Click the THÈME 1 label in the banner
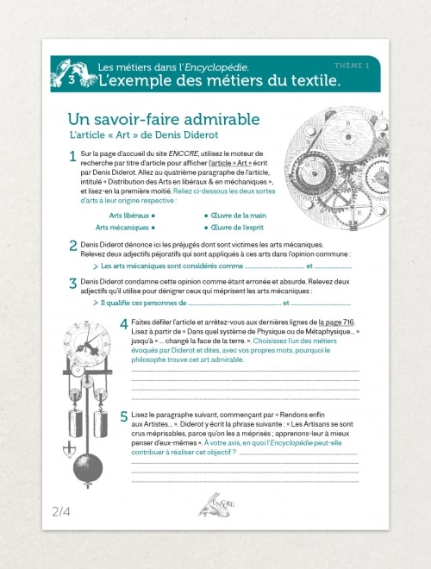pyautogui.click(x=352, y=66)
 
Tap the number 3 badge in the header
pyautogui.click(x=72, y=80)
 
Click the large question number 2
pyautogui.click(x=72, y=246)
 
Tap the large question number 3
pyautogui.click(x=72, y=283)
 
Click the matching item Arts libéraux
pyautogui.click(x=129, y=215)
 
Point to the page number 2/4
pyautogui.click(x=61, y=511)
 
